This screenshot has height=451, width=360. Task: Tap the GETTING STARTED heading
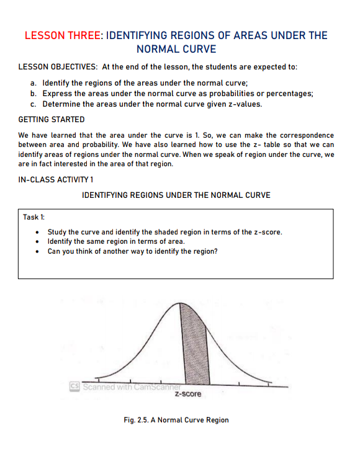click(52, 119)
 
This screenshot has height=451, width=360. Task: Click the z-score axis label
click(188, 394)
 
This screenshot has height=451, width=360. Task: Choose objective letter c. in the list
click(34, 104)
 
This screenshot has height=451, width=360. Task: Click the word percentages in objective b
click(290, 93)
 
